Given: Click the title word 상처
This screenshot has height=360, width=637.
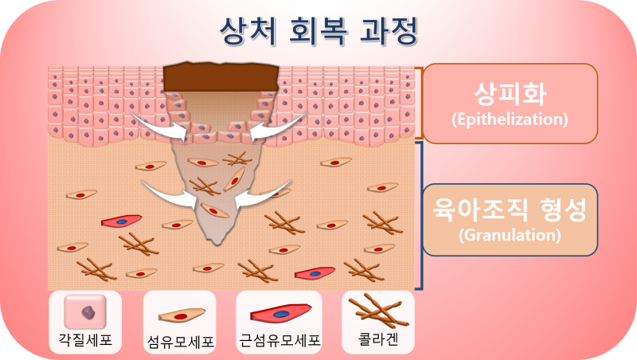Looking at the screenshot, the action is point(248,31).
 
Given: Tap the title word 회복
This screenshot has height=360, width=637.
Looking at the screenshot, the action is point(318,31).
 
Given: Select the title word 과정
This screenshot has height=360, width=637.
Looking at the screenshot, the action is point(389,31).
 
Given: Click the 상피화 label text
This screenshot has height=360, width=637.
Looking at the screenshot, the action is point(510,93).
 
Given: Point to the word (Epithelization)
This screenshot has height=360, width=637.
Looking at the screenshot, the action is point(510,119).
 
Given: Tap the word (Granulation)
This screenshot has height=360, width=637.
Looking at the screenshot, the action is point(510,235).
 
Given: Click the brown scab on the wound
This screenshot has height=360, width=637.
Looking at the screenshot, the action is point(221,77).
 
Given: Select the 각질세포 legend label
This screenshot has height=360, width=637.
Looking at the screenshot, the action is point(85,338).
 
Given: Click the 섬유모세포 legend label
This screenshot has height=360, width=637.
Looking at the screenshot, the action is point(180,342).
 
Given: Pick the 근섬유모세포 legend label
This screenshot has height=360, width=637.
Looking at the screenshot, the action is point(279,340).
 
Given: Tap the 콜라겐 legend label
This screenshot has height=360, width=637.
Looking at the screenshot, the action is point(378,338).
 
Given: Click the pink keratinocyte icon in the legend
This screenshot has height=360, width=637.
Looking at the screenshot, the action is point(85,312).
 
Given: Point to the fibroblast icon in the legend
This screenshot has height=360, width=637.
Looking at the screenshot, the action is point(182,315).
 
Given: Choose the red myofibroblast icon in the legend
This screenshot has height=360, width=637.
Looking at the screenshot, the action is point(281,313).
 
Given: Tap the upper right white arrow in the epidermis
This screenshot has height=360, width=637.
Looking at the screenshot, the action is point(276,127).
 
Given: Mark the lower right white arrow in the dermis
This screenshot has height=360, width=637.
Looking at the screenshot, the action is point(263,195).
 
